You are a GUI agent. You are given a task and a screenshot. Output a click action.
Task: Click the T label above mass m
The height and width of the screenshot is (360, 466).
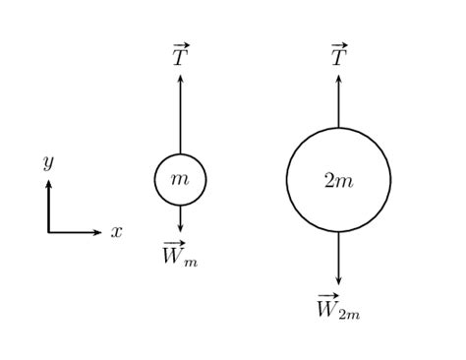point(180,56)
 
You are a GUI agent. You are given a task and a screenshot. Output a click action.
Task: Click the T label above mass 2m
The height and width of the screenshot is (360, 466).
point(338,56)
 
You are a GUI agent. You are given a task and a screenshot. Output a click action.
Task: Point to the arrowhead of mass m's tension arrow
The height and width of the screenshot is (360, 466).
point(180,79)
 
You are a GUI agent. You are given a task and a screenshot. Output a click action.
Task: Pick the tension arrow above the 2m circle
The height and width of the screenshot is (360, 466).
point(338,103)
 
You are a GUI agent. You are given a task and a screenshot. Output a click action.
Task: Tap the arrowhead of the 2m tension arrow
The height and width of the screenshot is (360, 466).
point(338,79)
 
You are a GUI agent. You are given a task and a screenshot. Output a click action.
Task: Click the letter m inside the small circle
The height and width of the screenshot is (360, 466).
point(180,179)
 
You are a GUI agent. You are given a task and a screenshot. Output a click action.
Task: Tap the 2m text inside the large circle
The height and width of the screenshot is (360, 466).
point(338,180)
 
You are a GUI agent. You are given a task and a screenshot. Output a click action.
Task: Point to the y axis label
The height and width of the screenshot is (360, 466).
point(47,160)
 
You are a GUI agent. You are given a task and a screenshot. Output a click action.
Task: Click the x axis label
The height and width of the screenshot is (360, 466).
point(116,232)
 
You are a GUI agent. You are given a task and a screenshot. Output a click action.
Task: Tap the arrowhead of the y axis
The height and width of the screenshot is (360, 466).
point(48,183)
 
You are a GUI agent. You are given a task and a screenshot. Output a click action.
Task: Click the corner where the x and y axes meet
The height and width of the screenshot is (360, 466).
point(48,232)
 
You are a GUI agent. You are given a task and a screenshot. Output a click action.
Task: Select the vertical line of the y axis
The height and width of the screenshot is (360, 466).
point(48,209)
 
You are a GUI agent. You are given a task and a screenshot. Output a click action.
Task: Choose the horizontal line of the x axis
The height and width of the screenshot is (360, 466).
point(73,232)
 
